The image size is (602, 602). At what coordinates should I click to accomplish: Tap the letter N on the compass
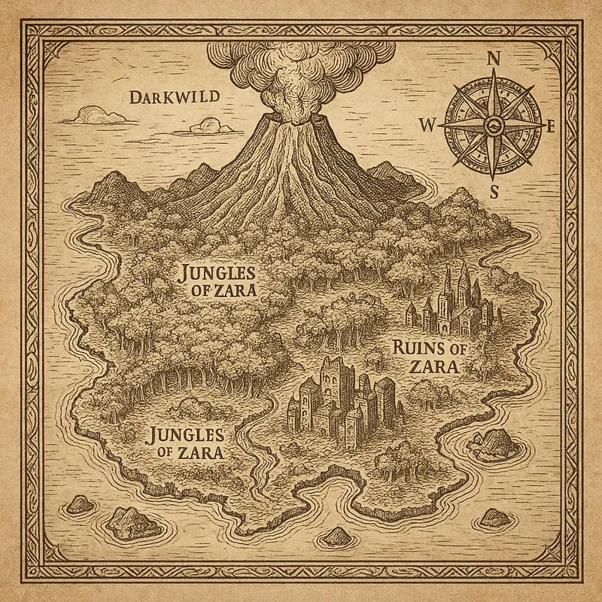pyautogui.click(x=494, y=58)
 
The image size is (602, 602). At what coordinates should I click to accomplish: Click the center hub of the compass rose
pyautogui.click(x=493, y=124)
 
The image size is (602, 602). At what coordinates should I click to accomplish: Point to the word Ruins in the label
pyautogui.click(x=416, y=348)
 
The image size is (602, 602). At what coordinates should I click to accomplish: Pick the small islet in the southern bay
pyautogui.click(x=336, y=537)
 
